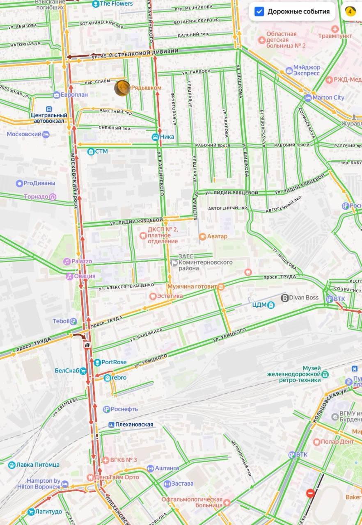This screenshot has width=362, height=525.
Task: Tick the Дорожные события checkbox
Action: [259, 11]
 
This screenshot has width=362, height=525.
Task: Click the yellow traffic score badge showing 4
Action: [350, 11]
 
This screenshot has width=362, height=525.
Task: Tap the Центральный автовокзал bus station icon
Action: [49, 109]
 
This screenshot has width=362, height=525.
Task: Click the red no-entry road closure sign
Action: [310, 493]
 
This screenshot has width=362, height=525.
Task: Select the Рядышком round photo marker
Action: [122, 88]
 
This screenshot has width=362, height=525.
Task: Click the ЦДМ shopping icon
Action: [271, 305]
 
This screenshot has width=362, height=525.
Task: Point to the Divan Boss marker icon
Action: [284, 298]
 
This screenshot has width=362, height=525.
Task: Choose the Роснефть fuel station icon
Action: [106, 409]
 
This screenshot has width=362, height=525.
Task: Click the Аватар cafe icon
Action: [202, 236]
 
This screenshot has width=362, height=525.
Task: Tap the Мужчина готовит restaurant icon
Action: [221, 286]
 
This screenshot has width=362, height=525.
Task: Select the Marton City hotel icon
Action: [308, 98]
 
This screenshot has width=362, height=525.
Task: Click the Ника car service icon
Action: [156, 137]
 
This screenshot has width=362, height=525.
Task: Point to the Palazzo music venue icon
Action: [66, 261]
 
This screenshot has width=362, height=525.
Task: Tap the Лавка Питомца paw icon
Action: [12, 465]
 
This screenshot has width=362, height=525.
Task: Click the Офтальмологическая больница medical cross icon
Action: [227, 502]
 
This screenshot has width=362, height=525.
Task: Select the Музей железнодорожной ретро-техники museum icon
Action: [325, 374]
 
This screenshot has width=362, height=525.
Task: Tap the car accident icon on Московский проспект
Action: [87, 346]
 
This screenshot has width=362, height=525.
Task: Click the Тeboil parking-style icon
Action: [73, 321]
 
